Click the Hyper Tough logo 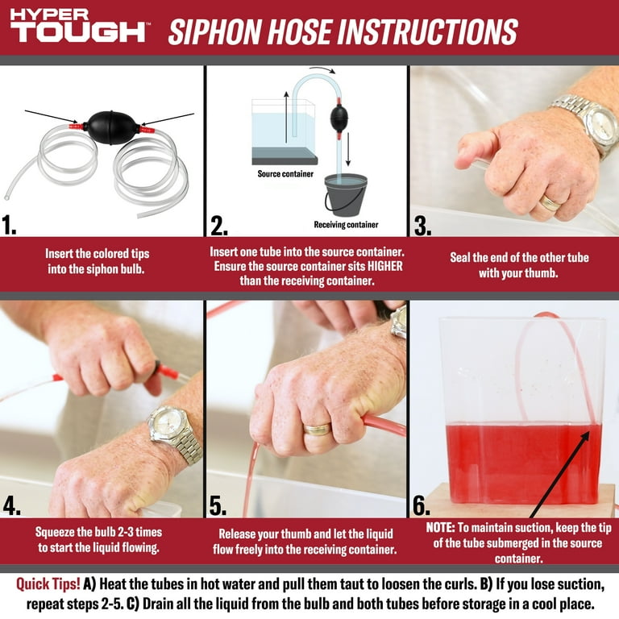[x=78, y=25]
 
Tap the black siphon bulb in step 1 [x=112, y=127]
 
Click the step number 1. [x=9, y=226]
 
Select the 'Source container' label [x=285, y=174]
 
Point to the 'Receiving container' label [x=346, y=225]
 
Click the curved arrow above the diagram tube [x=322, y=69]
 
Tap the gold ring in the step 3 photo [x=550, y=203]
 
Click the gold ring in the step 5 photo [x=318, y=430]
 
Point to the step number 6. [x=422, y=505]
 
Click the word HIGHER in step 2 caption [x=385, y=267]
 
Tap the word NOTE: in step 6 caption [x=441, y=528]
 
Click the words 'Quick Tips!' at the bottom [x=48, y=584]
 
